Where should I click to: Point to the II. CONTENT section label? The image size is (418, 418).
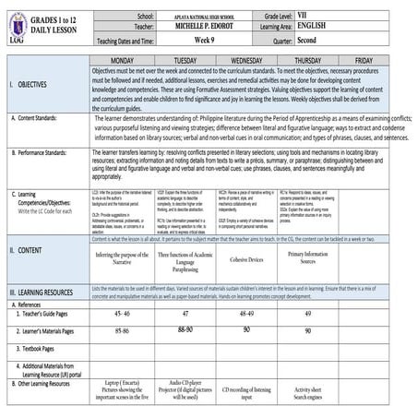[28, 249]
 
